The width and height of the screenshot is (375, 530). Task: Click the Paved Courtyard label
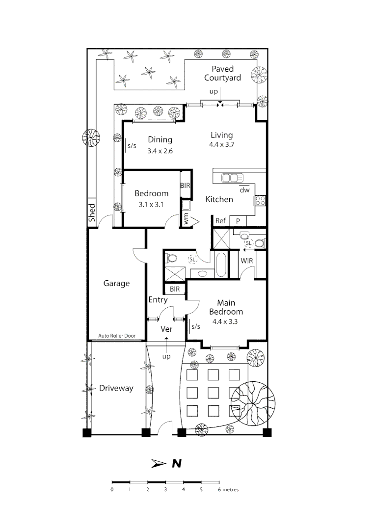pos(226,73)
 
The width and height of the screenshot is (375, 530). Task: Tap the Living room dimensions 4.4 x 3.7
pos(221,145)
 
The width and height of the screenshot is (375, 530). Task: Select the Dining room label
pos(160,140)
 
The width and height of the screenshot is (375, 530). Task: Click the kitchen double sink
pos(233,178)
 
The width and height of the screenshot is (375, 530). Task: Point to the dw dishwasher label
pos(245,190)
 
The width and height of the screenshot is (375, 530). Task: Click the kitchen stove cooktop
pos(261,200)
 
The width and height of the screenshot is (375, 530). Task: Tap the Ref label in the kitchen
pos(221,221)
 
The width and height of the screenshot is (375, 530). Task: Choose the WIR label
pos(247,261)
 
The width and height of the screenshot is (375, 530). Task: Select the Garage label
pos(116,283)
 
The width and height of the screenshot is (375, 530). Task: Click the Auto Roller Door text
pos(116,336)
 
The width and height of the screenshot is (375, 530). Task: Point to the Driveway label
pos(116,388)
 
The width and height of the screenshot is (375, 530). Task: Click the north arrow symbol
pos(159,463)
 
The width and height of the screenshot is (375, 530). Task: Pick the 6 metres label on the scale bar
pos(228,490)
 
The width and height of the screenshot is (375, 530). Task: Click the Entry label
pos(158,300)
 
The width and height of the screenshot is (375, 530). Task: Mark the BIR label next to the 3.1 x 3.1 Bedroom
pos(185,185)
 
